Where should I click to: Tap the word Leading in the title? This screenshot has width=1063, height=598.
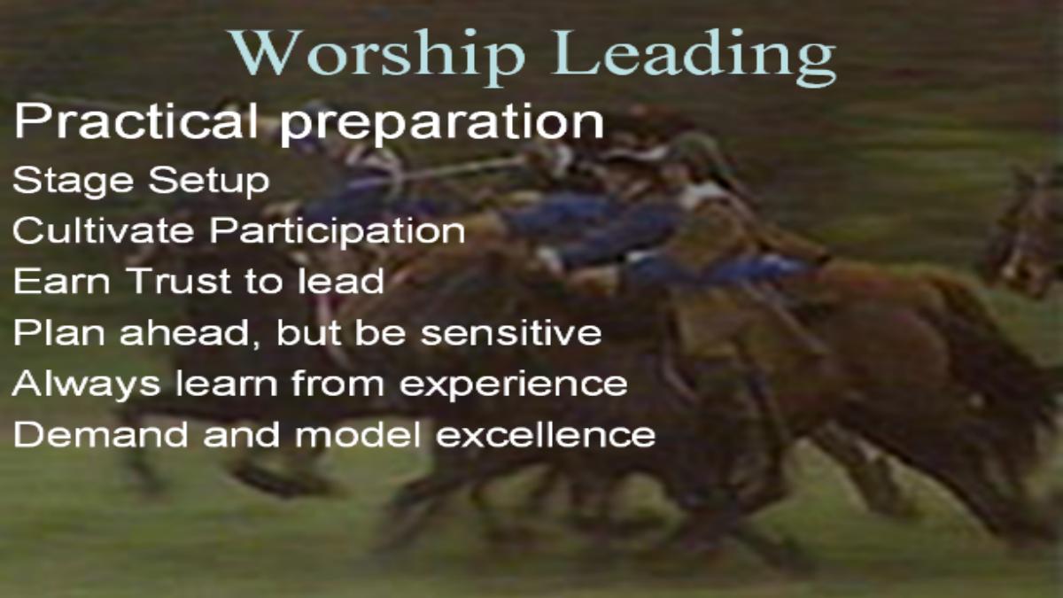tap(694, 58)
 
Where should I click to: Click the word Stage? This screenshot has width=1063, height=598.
tap(73, 182)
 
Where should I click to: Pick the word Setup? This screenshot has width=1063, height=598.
tap(209, 182)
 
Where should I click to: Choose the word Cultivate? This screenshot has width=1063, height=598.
tap(104, 230)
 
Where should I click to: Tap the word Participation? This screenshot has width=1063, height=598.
tap(337, 232)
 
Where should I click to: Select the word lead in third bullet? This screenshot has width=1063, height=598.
tap(341, 280)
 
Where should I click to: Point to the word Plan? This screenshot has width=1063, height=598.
tap(59, 332)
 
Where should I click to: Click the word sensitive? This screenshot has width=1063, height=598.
tap(511, 332)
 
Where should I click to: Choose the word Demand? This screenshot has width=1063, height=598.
tap(101, 434)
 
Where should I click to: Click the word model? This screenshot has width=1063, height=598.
tap(358, 434)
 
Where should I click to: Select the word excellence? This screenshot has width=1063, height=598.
tap(546, 434)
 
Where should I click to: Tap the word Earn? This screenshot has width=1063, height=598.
tap(62, 281)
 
